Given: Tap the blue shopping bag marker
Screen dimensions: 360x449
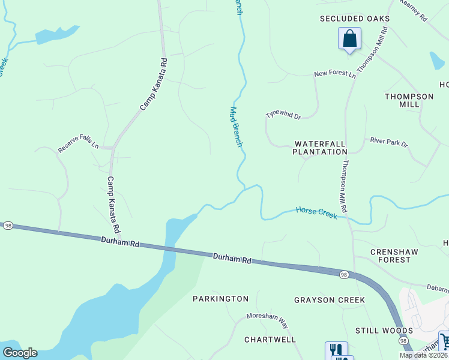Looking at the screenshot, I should coord(349,40).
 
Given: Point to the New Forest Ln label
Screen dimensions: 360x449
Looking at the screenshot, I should coord(335,73).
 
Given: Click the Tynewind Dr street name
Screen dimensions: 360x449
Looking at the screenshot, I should coord(283,114).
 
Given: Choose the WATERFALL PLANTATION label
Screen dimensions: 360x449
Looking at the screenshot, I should coord(320,148).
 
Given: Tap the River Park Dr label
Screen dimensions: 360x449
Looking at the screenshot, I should coord(389,144).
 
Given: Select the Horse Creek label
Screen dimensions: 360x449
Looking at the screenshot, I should coord(316,213).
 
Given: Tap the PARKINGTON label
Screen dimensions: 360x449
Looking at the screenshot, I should coord(220,298).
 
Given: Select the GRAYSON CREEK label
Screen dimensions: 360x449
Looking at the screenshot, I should coord(329,299).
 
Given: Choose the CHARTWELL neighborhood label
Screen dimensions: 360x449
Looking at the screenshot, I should coord(270,339).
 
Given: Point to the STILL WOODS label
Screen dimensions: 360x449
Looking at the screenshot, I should coord(384,331).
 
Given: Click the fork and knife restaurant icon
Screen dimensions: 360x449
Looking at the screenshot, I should coord(336,350).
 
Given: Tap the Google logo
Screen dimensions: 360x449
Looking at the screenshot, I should coord(20,353).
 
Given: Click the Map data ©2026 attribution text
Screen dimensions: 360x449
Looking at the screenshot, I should coord(423,355).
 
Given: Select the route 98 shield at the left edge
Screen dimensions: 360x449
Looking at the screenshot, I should coord(8,225).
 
